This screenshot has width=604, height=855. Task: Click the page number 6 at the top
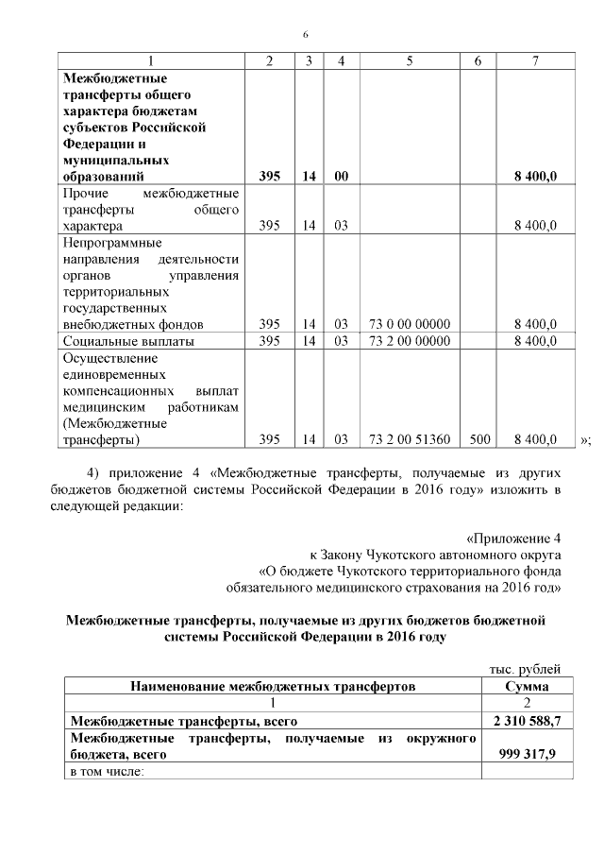pyautogui.click(x=305, y=35)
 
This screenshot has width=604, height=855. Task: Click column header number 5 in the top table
pyautogui.click(x=409, y=61)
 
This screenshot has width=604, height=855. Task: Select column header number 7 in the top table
pyautogui.click(x=535, y=61)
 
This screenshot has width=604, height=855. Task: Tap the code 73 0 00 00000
pyautogui.click(x=409, y=324)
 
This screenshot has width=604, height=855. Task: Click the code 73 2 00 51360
pyautogui.click(x=409, y=439)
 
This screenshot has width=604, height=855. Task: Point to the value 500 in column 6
pyautogui.click(x=478, y=439)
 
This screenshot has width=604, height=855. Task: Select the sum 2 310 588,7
pyautogui.click(x=528, y=721)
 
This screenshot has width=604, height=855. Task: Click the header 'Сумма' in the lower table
pyautogui.click(x=528, y=686)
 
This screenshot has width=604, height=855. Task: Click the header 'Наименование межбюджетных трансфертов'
pyautogui.click(x=273, y=686)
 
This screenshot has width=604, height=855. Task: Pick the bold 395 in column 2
pyautogui.click(x=270, y=176)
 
